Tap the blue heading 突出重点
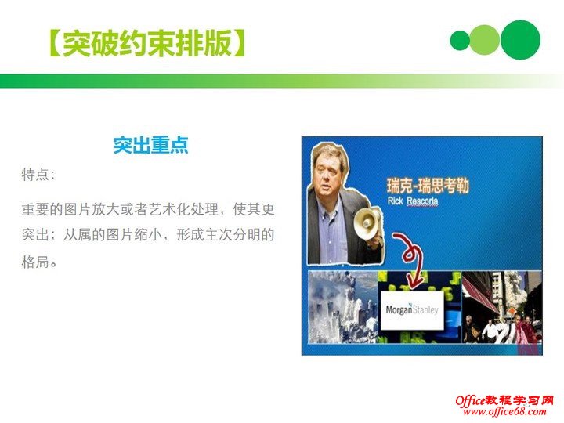point(150,145)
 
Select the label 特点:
point(38,174)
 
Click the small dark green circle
point(461,39)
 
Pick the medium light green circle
point(485,39)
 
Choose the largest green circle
point(520,39)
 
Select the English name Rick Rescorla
point(413,201)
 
